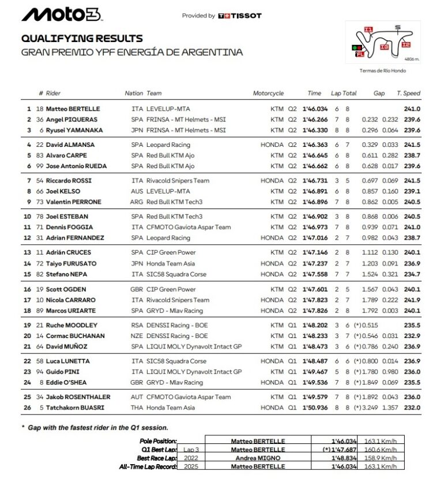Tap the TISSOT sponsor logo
[x=240, y=16]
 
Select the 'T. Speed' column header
[x=408, y=93]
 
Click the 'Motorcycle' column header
[x=268, y=93]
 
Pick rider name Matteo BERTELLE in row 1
[x=73, y=109]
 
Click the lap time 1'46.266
[x=314, y=120]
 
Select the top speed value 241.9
[x=412, y=300]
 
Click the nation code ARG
[x=137, y=202]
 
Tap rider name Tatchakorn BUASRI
[x=74, y=408]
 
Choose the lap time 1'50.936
[x=314, y=408]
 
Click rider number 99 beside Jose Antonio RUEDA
[x=40, y=166]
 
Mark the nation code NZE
[x=137, y=336]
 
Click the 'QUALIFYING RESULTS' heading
[x=82, y=39]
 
